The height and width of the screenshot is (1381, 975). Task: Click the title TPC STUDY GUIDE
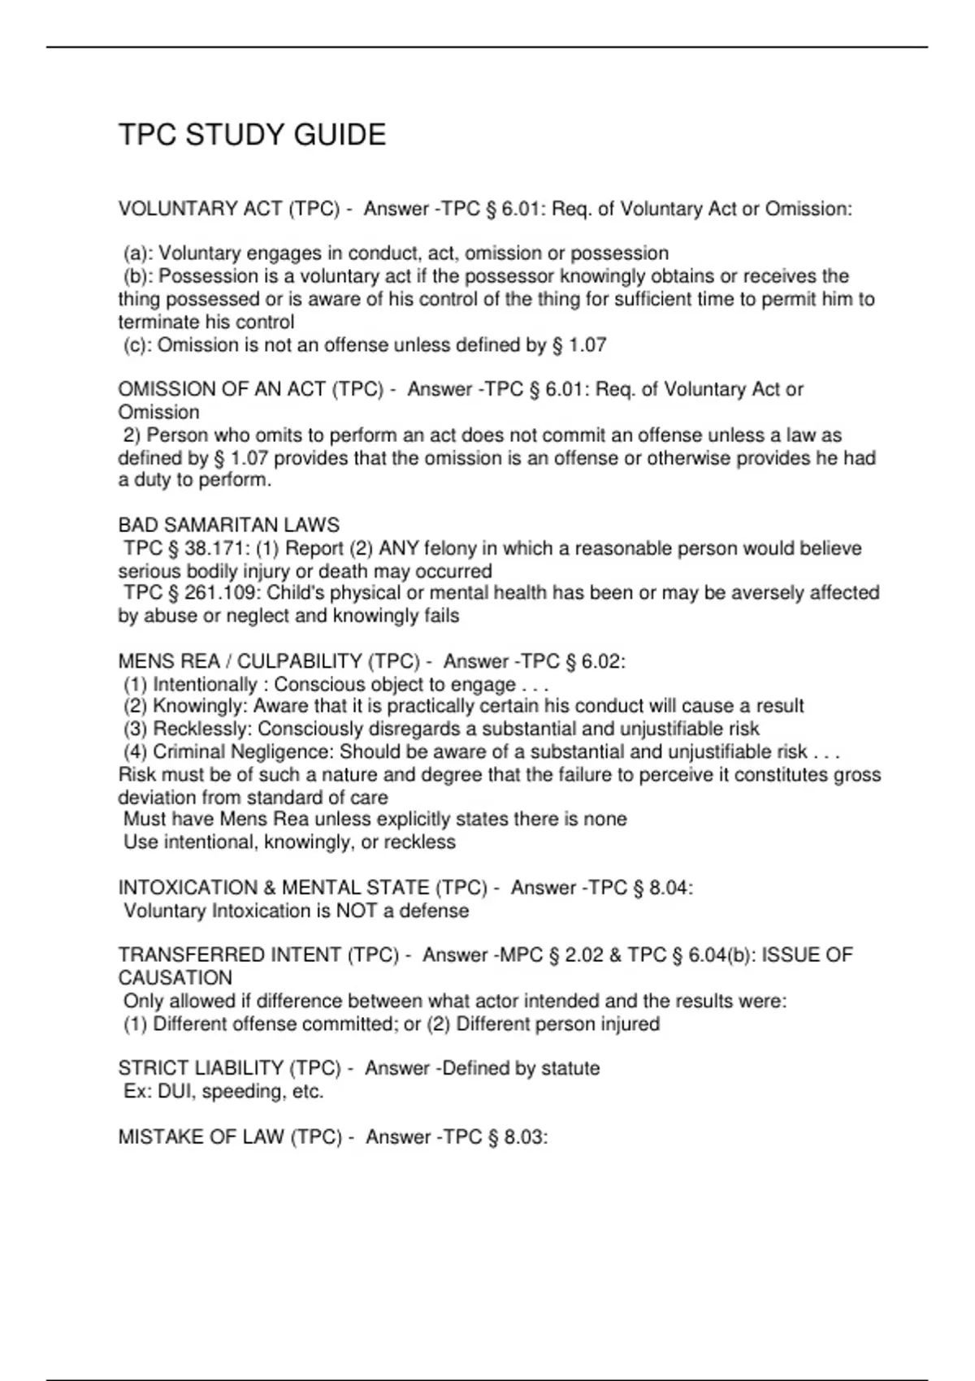[252, 135]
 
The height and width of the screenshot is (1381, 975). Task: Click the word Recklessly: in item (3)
[202, 729]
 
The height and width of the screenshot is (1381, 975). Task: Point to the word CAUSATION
[175, 978]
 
